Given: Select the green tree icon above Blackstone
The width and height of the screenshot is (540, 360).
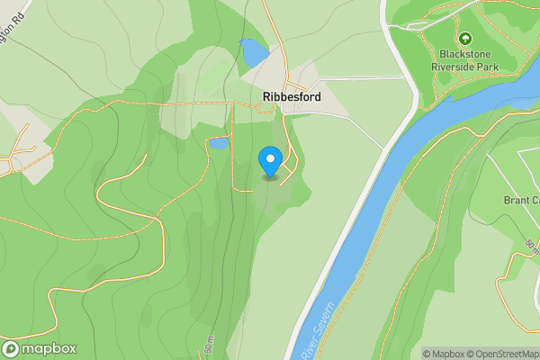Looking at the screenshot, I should click(x=465, y=39).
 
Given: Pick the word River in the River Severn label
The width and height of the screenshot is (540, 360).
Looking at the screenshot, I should click(x=310, y=346).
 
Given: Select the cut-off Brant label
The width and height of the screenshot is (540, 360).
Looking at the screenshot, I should click(x=520, y=200).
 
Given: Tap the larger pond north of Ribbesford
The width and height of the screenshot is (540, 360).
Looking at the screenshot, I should click(x=254, y=52).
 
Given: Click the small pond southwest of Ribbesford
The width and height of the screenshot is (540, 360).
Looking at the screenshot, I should click(x=219, y=142).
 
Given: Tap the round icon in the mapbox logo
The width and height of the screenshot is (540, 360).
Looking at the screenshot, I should click(x=12, y=348).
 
